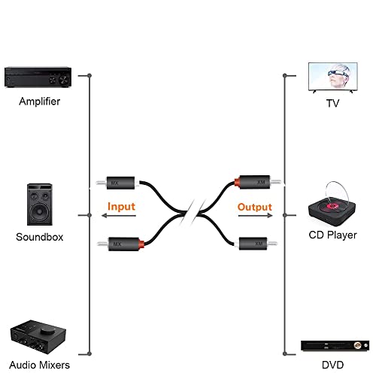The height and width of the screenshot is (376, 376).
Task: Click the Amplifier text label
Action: point(40,102)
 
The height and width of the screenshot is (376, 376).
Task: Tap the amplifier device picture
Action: point(38,77)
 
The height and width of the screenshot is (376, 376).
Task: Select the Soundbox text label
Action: point(40,237)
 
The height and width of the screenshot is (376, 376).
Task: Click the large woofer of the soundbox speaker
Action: point(40,211)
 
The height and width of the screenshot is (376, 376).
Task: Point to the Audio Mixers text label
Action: point(39,365)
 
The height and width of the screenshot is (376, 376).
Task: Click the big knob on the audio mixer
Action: point(47,330)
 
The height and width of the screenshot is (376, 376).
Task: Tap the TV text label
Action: point(332,103)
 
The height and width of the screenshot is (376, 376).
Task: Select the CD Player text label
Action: point(332,235)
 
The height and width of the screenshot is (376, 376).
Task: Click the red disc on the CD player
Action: point(332,206)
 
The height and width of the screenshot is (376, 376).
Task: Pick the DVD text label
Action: point(332,365)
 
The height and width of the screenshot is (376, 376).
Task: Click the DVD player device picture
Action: point(335,346)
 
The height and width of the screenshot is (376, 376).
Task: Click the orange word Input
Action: point(121,207)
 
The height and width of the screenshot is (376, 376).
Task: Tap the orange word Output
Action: point(255,208)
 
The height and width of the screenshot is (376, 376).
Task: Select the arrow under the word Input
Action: point(119,216)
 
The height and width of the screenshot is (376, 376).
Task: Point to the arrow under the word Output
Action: point(256,215)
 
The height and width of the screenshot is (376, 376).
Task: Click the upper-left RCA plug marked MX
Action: point(117,183)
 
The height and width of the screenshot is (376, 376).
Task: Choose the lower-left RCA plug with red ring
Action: point(121,244)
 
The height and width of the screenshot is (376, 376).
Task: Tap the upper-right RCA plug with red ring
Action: point(258,182)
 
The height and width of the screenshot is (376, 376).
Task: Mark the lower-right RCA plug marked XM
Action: point(256,244)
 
